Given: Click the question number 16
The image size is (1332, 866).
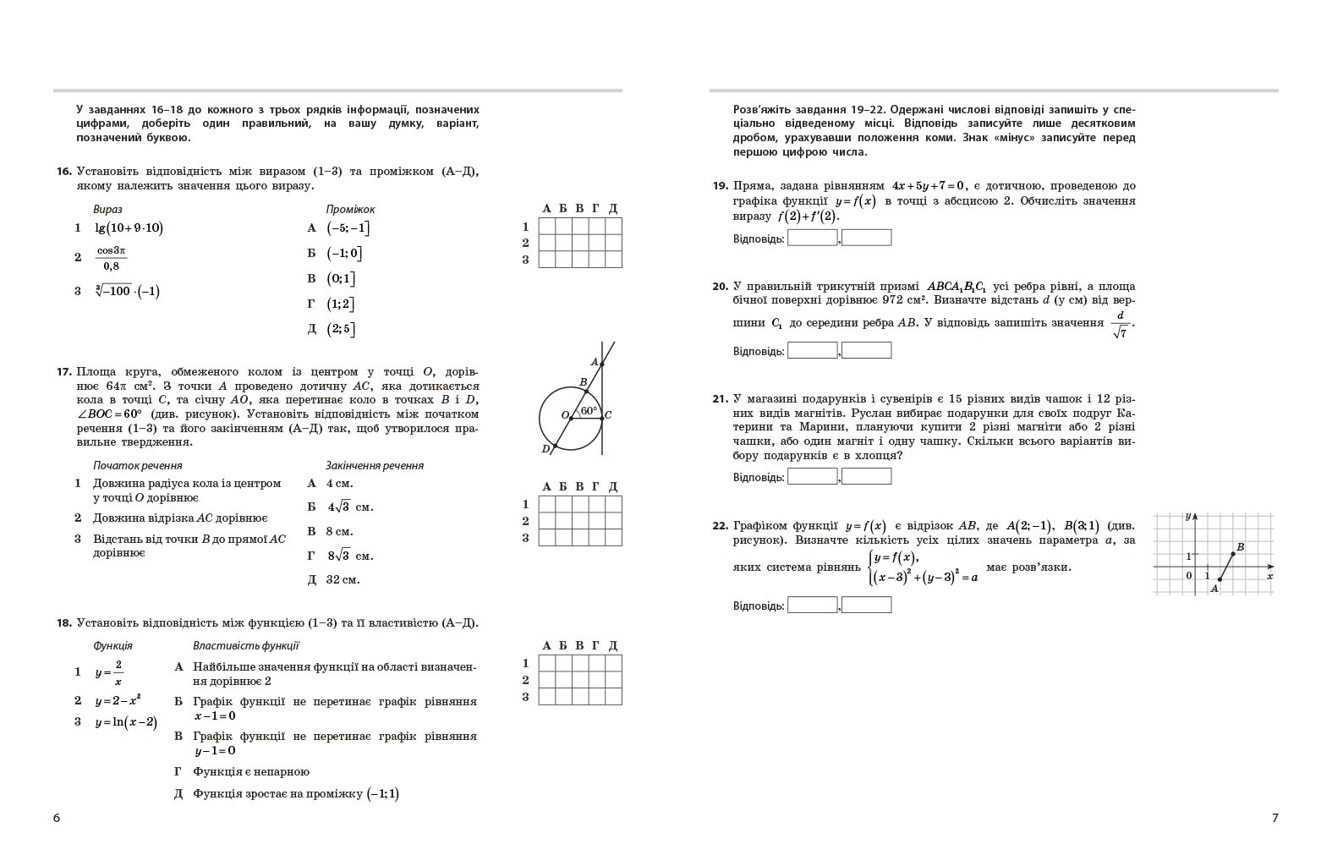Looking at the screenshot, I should tap(63, 172).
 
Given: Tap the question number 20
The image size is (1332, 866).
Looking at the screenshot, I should tap(720, 287).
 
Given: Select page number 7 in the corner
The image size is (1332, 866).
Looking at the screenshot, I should tap(1275, 818).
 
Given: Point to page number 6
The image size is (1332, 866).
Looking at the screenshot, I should tap(57, 818).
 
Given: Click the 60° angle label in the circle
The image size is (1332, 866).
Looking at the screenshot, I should tap(589, 411).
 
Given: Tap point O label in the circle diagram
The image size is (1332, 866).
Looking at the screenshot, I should tap(565, 415).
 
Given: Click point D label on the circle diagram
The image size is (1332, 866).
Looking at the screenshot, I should tap(545, 449).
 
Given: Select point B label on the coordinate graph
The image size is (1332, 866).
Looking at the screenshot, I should tap(1241, 547).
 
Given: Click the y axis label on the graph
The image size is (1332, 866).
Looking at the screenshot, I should tap(1188, 516).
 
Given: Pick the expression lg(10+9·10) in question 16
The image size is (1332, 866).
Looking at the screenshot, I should tap(129, 227).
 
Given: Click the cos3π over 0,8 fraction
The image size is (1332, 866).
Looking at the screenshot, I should tap(111, 258).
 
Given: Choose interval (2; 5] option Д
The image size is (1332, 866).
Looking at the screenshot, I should tap(341, 329).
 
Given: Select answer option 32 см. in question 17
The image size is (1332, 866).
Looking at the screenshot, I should tap(343, 580).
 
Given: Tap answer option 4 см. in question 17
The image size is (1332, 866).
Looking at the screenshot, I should tap(339, 484).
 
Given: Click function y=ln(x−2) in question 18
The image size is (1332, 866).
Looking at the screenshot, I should tap(125, 722).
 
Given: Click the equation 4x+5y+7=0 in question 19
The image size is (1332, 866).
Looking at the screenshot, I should tap(928, 186).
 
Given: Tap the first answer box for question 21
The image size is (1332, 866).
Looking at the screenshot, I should tap(812, 477).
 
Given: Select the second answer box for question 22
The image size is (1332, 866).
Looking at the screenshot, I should tap(867, 605).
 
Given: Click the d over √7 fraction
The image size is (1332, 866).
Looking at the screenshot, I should tap(1121, 324).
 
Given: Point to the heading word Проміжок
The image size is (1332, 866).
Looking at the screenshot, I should tap(350, 209).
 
